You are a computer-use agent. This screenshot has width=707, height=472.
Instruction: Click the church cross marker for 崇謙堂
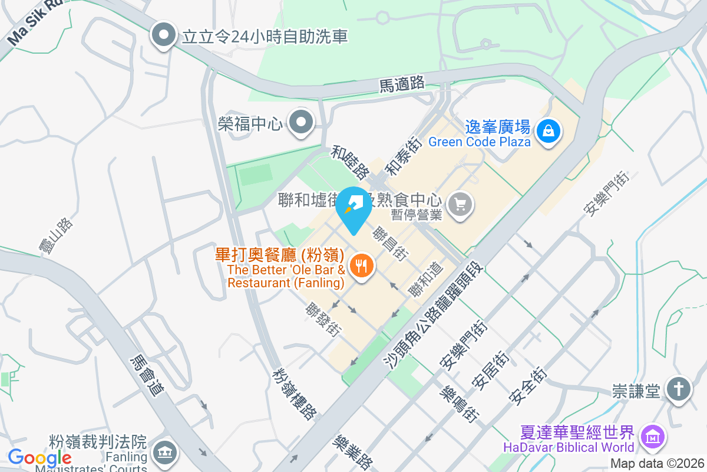pyautogui.click(x=678, y=389)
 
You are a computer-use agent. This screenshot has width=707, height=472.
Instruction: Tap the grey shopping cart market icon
pyautogui.click(x=460, y=205)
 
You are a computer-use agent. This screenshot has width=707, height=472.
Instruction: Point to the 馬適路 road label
pyautogui.click(x=402, y=84)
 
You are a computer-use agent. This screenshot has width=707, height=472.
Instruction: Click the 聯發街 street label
pyautogui.click(x=323, y=320)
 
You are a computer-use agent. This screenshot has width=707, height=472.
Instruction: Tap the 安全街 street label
pyautogui.click(x=528, y=386)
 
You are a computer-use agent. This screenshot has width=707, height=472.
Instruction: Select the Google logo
pyautogui.click(x=39, y=457)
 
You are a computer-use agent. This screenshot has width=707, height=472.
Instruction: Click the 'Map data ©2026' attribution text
pyautogui.click(x=656, y=464)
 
